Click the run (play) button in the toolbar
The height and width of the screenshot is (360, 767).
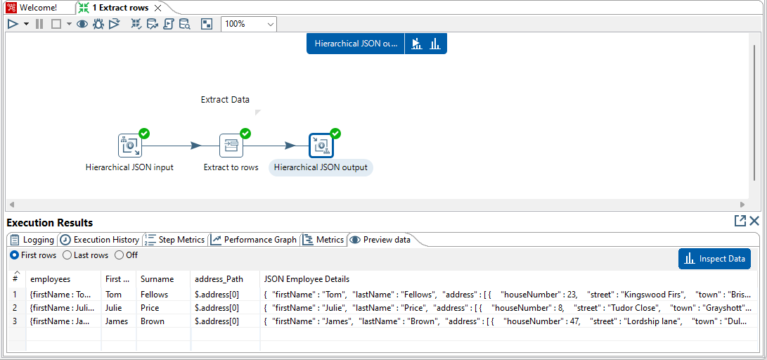point(13,24)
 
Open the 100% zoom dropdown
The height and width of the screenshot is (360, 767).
point(249,24)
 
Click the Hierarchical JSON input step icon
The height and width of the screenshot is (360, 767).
point(129,146)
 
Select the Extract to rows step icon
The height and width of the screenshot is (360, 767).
point(231,146)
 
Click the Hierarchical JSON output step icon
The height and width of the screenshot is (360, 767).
point(321,146)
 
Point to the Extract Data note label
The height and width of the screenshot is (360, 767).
point(225,100)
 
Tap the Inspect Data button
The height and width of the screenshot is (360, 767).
point(714,259)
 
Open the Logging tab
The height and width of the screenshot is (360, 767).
point(32,240)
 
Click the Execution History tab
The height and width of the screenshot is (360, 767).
point(100,240)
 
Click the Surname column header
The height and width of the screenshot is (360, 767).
point(157,279)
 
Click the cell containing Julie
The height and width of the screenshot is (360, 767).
point(114,308)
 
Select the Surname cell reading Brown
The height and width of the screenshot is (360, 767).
point(153,322)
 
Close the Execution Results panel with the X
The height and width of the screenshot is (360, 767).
point(754,221)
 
